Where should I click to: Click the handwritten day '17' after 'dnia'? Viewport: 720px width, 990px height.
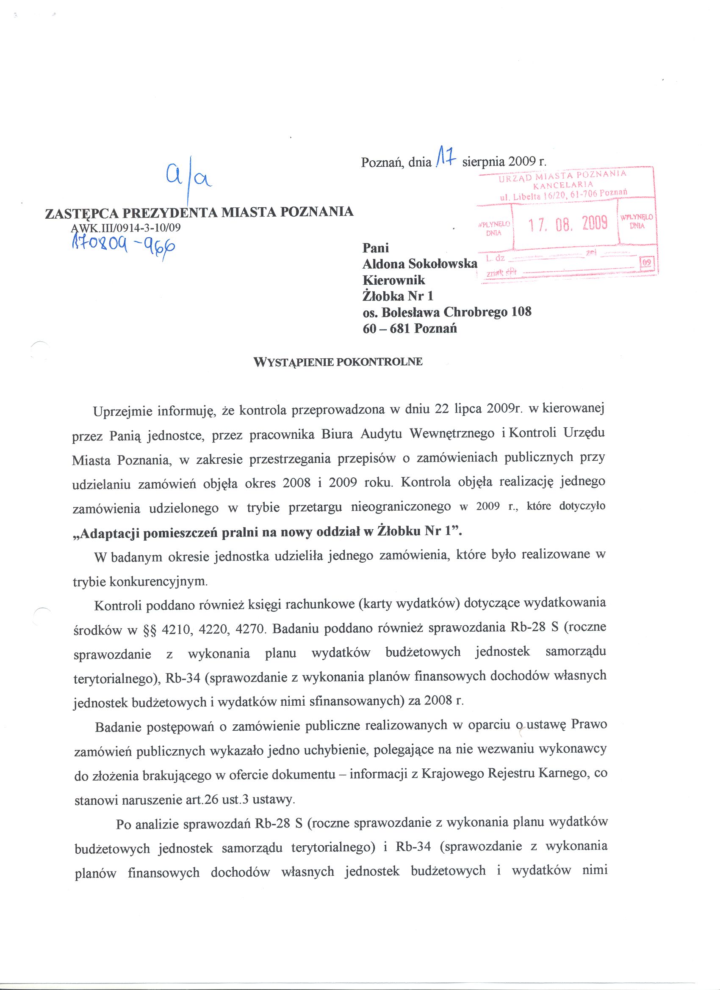coord(446,159)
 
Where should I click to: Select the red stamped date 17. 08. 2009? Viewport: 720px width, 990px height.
coord(568,224)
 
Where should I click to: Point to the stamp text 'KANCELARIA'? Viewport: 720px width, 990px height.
coord(563,184)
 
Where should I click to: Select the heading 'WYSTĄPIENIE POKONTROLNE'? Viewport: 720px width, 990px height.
coord(338,362)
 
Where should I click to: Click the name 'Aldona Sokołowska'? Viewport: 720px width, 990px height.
coord(419,264)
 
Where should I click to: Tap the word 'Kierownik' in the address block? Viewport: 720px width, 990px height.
coord(393,280)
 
